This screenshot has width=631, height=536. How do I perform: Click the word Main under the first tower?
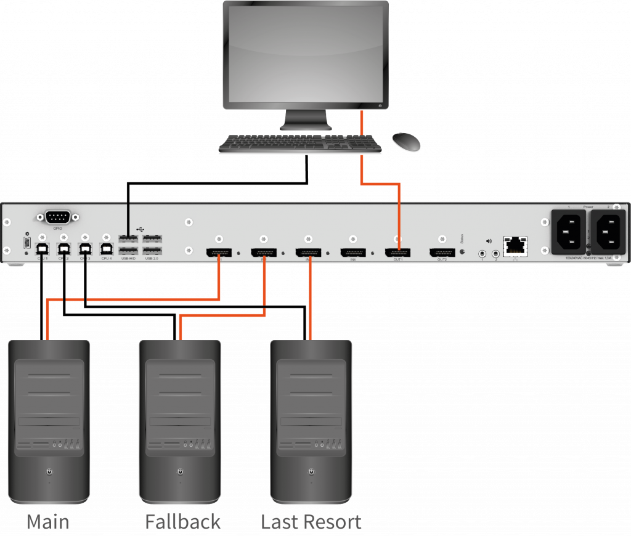click(x=47, y=522)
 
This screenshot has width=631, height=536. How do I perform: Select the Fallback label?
click(x=182, y=522)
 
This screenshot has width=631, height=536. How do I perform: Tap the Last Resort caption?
click(x=311, y=522)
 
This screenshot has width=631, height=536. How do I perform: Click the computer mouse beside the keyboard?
click(x=407, y=142)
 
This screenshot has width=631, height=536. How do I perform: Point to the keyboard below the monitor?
click(x=300, y=144)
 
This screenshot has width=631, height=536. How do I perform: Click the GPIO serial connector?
click(x=58, y=217)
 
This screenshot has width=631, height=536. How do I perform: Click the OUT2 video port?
click(x=442, y=252)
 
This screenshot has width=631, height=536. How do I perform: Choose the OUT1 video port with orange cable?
click(x=398, y=252)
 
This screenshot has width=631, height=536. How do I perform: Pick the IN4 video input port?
click(x=353, y=252)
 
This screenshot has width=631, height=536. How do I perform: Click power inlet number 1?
click(x=568, y=232)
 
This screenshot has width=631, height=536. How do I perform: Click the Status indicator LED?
click(x=462, y=252)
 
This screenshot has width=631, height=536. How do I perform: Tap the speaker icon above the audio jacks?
click(x=488, y=242)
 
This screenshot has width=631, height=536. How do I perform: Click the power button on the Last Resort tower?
click(x=311, y=472)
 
